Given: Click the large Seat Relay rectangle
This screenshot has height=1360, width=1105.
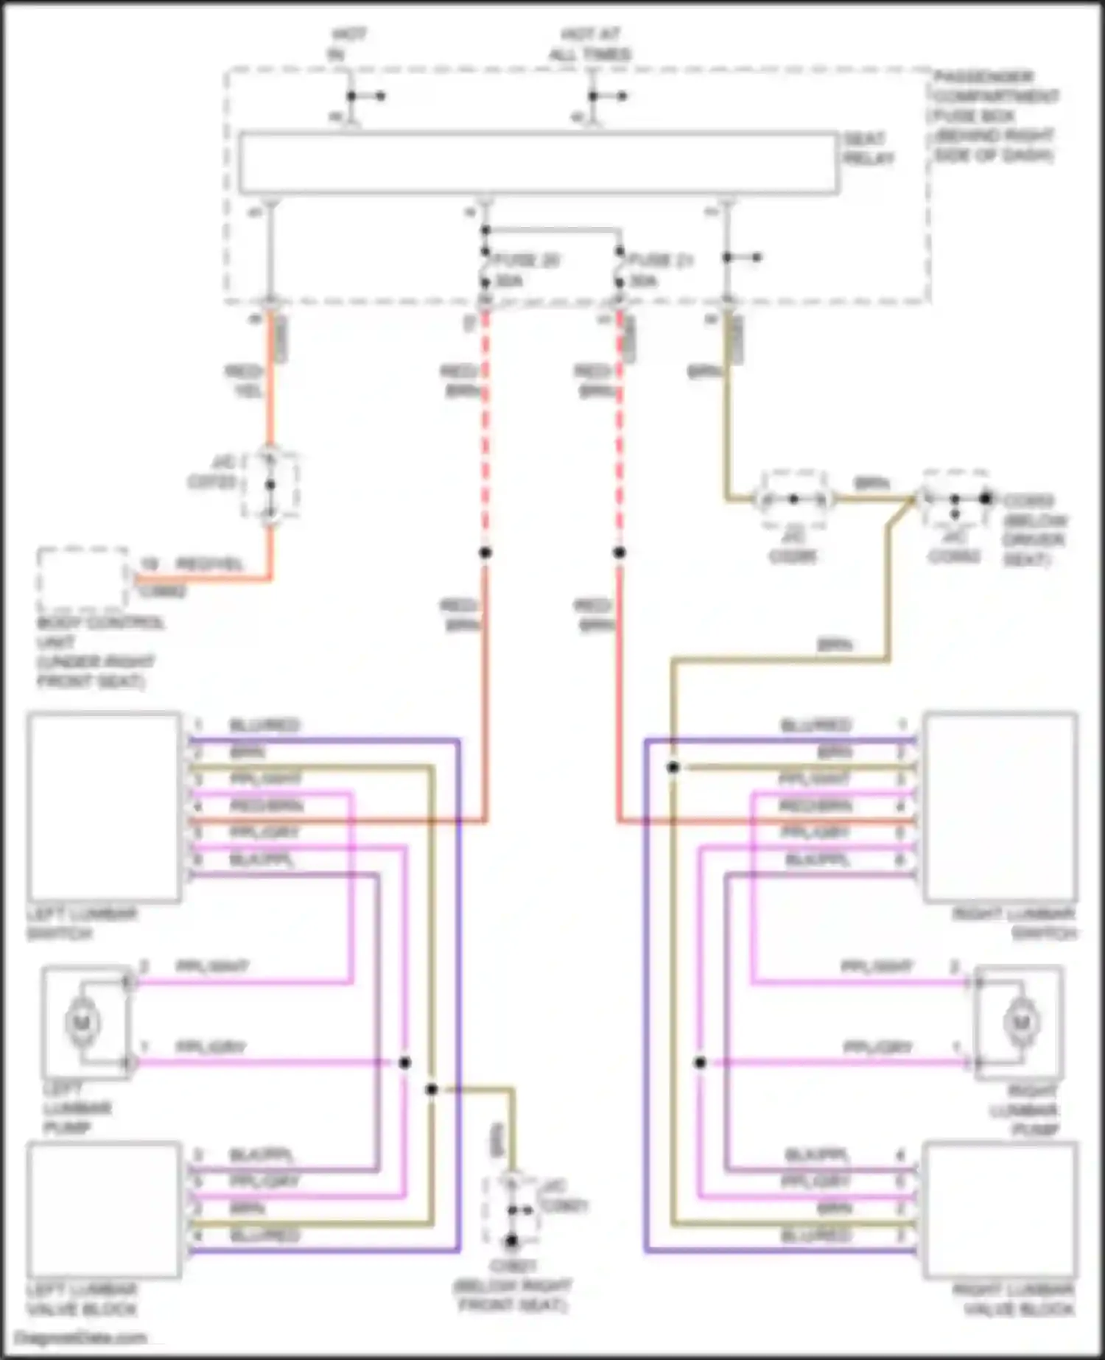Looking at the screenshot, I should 538,164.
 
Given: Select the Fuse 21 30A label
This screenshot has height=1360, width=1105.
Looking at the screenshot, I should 660,270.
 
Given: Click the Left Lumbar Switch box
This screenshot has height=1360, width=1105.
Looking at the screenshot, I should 104,807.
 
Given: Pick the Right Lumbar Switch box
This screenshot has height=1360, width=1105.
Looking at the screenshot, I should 1000,807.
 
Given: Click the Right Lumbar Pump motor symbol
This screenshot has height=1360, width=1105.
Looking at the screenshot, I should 1020,1022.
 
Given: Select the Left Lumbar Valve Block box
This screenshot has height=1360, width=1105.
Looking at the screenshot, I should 104,1210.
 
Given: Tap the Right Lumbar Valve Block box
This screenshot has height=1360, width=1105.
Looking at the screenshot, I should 1000,1210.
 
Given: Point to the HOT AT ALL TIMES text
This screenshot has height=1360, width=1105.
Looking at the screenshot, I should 591,44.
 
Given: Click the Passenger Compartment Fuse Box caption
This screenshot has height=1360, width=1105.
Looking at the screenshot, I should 994,116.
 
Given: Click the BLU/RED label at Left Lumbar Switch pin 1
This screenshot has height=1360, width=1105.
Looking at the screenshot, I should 264,726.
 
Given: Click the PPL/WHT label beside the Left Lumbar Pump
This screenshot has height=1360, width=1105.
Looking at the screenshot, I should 211,967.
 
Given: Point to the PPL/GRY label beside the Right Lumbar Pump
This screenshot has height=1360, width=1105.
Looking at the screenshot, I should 877,1047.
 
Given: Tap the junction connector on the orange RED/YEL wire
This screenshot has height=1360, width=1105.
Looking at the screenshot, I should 270,485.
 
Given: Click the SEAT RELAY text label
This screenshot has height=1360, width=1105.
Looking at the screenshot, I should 869,149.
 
